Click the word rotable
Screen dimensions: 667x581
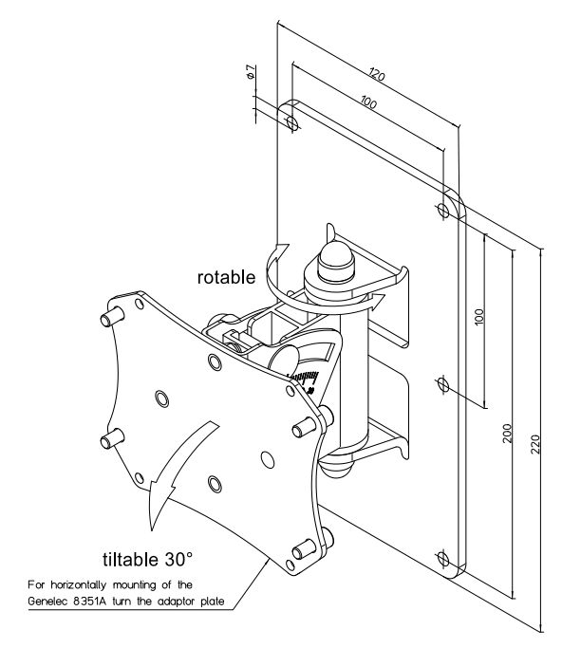click(x=226, y=278)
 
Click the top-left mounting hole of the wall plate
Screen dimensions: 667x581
click(x=291, y=123)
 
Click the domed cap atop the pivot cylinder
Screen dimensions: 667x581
click(x=333, y=256)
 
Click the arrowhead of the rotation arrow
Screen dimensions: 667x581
click(x=378, y=301)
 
